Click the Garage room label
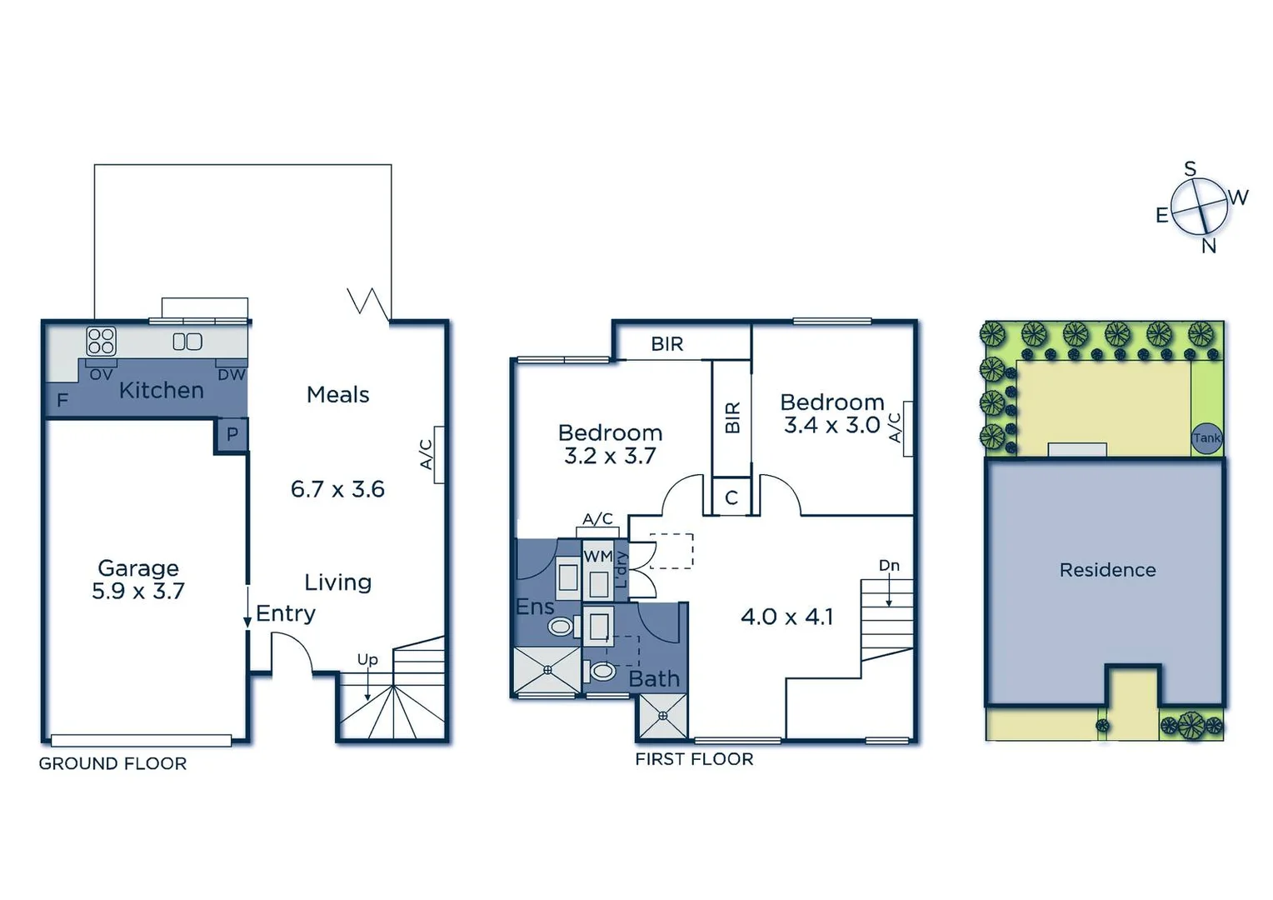pos(138,568)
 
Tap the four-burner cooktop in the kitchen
pos(101,342)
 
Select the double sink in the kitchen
pos(187,342)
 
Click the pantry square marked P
pos(232,434)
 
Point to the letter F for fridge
pos(62,401)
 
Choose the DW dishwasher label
pos(232,375)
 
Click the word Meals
pos(337,395)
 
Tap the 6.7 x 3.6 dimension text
pos(337,489)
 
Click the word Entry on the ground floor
pos(286,614)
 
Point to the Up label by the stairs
pos(367,659)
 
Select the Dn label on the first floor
pos(889,566)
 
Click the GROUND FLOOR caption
pos(112,763)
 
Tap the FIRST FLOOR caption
pos(694,759)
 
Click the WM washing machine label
pos(597,556)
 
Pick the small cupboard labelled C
pos(731,497)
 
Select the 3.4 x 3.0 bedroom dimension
pos(831,425)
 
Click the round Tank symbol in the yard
pos(1206,437)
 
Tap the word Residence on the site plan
pos(1107,570)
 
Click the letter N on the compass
pos(1209,246)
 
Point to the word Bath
pos(654,679)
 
